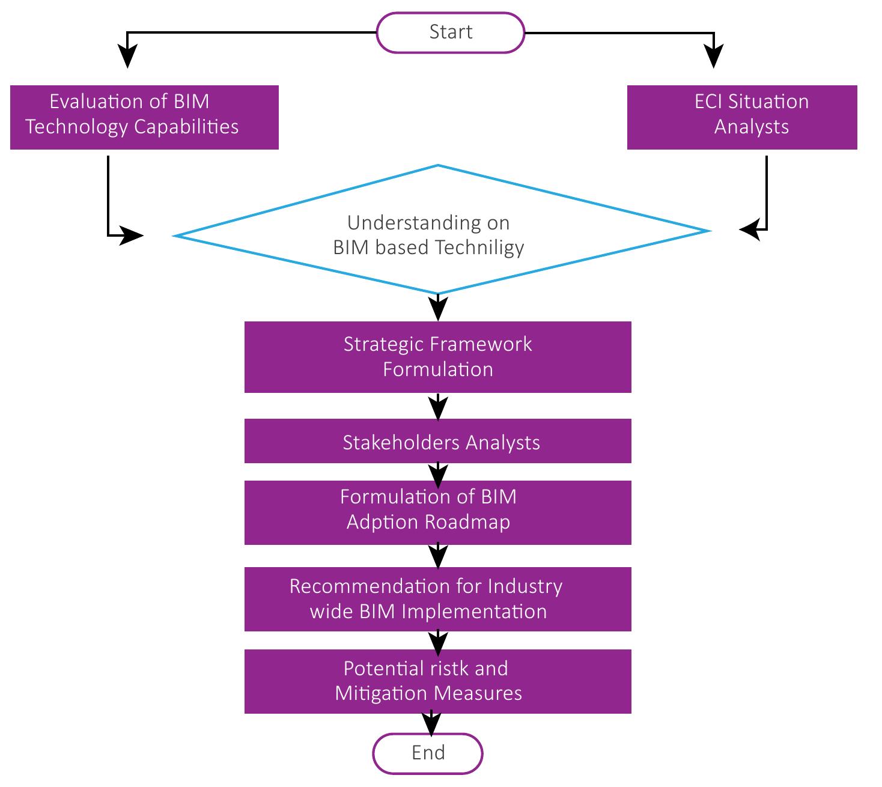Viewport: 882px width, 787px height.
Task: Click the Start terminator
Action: (451, 32)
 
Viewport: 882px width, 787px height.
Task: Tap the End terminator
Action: (428, 753)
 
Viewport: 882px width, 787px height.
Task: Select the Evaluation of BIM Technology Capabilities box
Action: (144, 117)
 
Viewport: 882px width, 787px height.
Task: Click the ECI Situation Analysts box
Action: (742, 117)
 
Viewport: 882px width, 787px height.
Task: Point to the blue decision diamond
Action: (442, 234)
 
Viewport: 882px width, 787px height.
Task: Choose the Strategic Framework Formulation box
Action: (437, 357)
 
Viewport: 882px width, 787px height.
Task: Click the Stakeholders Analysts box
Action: (437, 442)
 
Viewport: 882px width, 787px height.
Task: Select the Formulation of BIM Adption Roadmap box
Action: (437, 512)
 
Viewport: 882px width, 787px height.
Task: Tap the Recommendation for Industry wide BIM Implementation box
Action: (437, 599)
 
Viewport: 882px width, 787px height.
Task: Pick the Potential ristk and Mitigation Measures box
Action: (437, 681)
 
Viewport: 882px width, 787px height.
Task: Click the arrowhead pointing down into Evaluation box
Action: (127, 58)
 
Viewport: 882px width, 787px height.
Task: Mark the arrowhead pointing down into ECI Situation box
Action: (713, 58)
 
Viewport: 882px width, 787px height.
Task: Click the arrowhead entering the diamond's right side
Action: (750, 229)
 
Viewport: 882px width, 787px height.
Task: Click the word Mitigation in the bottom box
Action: (378, 693)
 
